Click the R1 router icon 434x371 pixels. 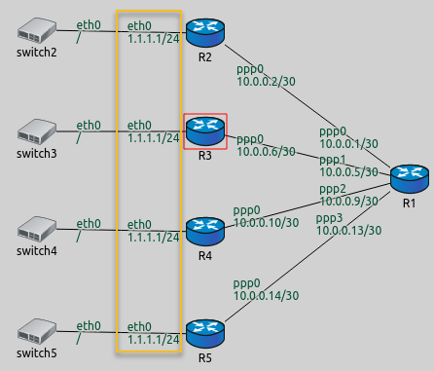coord(408,179)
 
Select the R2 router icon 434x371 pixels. coord(204,29)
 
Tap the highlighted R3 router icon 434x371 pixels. coord(204,129)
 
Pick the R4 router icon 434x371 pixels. coord(204,230)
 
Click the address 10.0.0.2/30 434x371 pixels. coord(265,83)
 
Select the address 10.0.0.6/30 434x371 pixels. coord(265,151)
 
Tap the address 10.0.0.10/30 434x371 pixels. coord(267,223)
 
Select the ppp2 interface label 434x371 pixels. coord(332,188)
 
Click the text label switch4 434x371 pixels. coord(36,252)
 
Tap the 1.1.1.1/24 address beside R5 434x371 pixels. coord(154,339)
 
